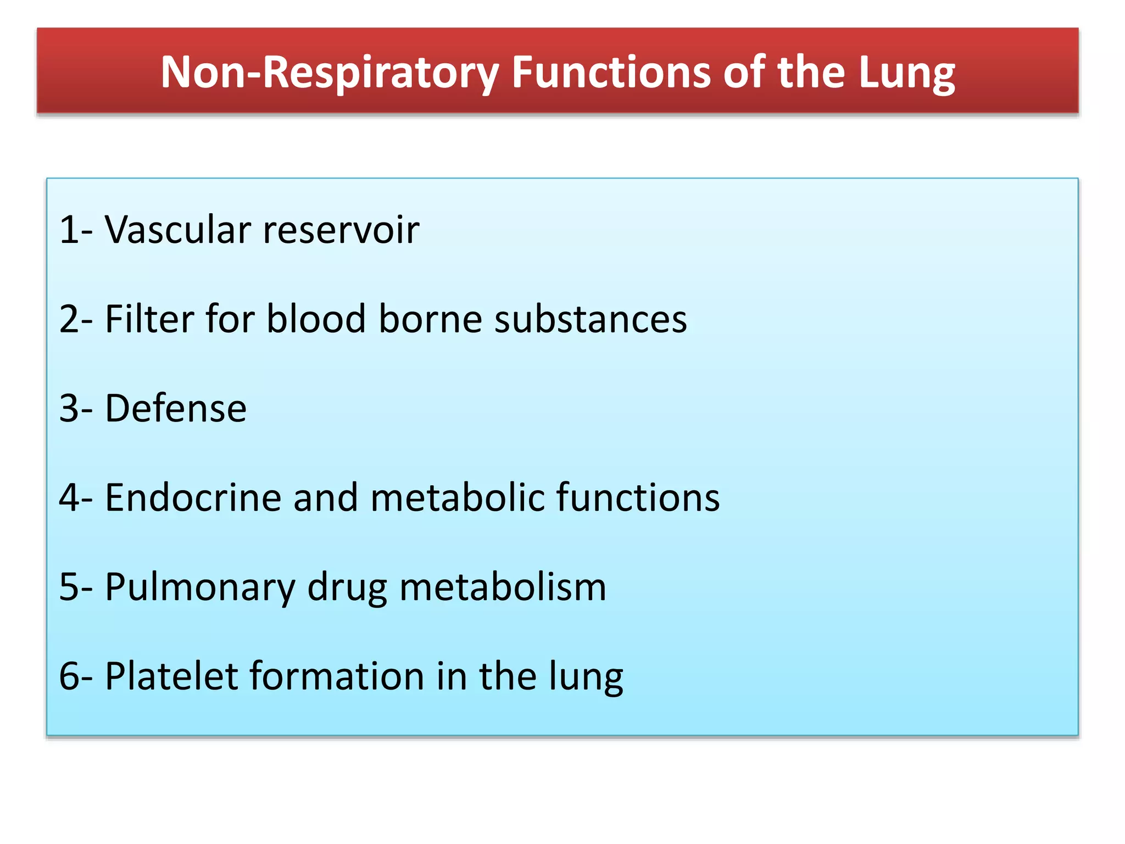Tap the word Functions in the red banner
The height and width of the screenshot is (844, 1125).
click(x=611, y=73)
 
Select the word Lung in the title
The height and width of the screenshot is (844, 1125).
click(x=907, y=73)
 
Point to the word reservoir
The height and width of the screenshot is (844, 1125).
click(x=341, y=229)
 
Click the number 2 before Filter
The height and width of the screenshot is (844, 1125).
click(x=70, y=319)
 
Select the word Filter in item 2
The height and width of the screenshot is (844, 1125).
click(x=149, y=319)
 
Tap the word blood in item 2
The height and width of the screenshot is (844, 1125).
click(x=316, y=319)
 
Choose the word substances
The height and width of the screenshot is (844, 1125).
click(x=591, y=319)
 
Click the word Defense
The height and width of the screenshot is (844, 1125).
click(x=176, y=408)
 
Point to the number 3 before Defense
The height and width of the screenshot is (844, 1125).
click(x=70, y=408)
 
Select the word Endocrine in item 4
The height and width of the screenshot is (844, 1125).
click(x=193, y=497)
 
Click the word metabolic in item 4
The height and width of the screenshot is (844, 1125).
click(x=458, y=497)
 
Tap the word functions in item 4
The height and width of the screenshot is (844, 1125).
click(x=638, y=497)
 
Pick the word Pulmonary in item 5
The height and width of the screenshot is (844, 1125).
click(x=200, y=587)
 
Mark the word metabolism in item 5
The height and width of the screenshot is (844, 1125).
click(x=503, y=587)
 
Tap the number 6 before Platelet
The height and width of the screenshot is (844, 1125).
click(x=70, y=676)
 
